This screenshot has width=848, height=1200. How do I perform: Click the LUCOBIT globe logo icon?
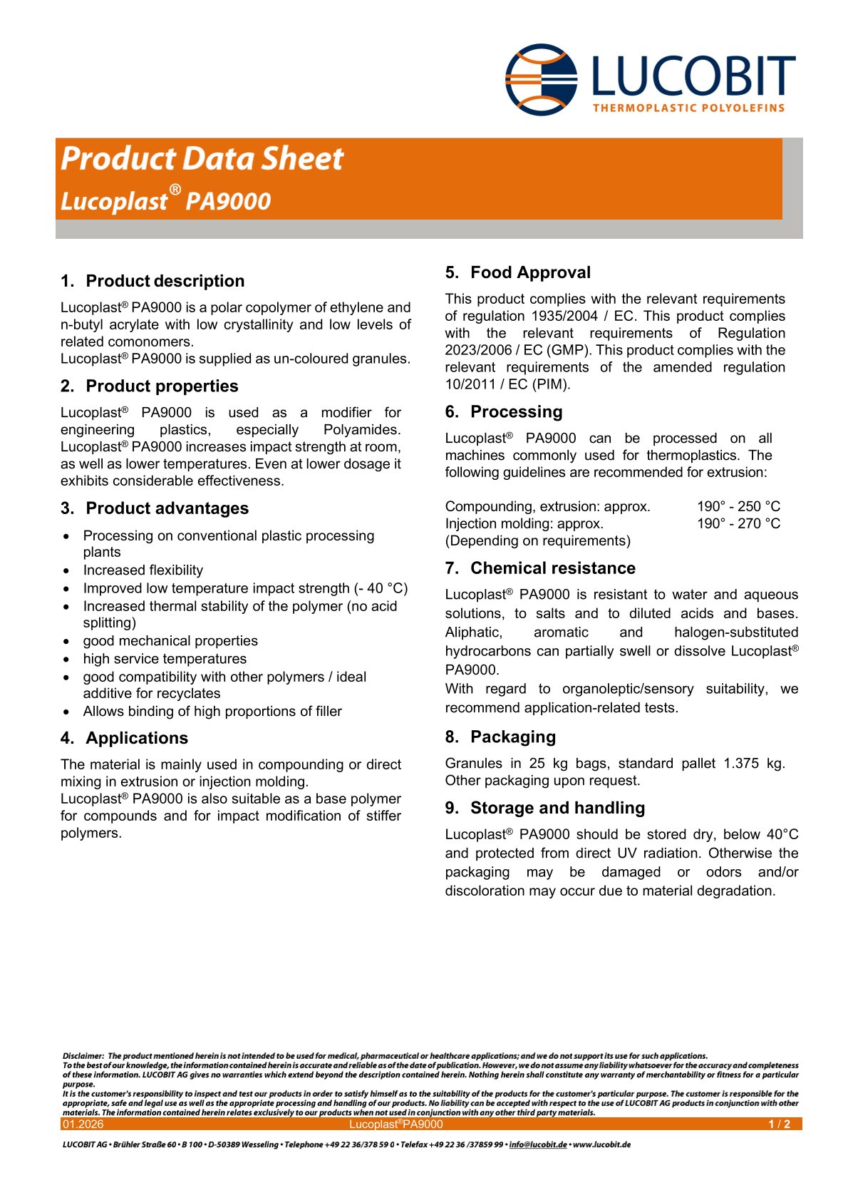click(541, 78)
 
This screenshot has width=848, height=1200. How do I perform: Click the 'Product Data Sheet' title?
click(202, 158)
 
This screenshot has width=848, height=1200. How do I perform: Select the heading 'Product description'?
click(165, 281)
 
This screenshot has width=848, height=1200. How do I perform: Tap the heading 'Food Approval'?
click(530, 272)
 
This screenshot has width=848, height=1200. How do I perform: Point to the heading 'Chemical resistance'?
click(552, 568)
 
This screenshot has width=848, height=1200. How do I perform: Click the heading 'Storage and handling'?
click(557, 808)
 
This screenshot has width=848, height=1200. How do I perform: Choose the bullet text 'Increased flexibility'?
click(143, 570)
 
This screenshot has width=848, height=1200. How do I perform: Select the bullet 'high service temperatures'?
click(165, 659)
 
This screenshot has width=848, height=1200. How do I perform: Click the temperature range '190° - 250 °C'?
click(738, 506)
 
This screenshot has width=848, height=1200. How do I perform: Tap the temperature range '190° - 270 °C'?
click(738, 523)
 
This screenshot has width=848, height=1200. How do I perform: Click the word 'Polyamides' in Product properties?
click(361, 430)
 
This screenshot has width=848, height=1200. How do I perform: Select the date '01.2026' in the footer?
click(83, 1124)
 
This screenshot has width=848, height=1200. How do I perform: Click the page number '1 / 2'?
click(779, 1124)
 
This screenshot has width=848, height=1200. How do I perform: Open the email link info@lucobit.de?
click(538, 1145)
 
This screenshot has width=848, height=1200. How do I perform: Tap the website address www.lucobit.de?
click(602, 1145)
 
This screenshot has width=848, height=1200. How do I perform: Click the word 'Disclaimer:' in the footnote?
click(83, 1056)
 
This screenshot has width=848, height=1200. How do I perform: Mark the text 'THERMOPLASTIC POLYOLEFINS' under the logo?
click(688, 108)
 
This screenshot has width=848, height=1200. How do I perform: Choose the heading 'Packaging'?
click(512, 737)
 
